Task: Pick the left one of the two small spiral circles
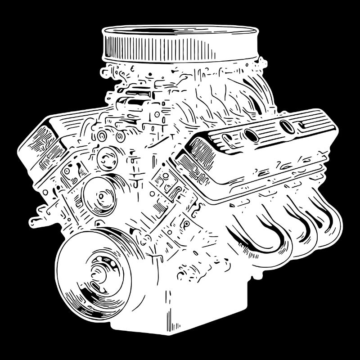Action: [103, 135]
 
